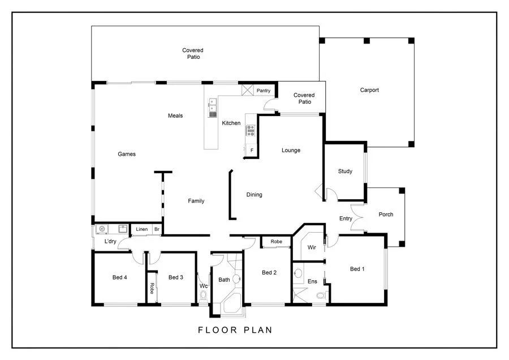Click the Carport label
tap(369, 90)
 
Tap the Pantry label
tap(264, 91)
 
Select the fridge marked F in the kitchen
tap(251, 151)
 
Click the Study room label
tap(345, 172)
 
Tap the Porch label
tap(386, 215)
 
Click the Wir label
tap(312, 247)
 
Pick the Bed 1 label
tap(357, 269)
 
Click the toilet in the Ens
tap(321, 295)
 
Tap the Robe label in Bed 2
tap(276, 242)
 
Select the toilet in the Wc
tap(204, 295)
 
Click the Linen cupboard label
tap(141, 229)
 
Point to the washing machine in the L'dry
tap(102, 229)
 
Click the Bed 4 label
tap(119, 277)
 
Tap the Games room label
tap(127, 154)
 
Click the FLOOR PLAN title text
tap(235, 330)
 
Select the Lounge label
tap(291, 151)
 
